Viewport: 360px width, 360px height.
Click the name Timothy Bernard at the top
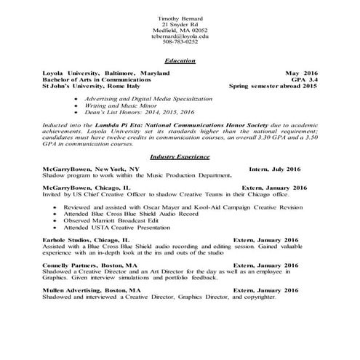[179, 17]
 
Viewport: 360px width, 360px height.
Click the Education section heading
[180, 61]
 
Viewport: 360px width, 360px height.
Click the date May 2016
[302, 73]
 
